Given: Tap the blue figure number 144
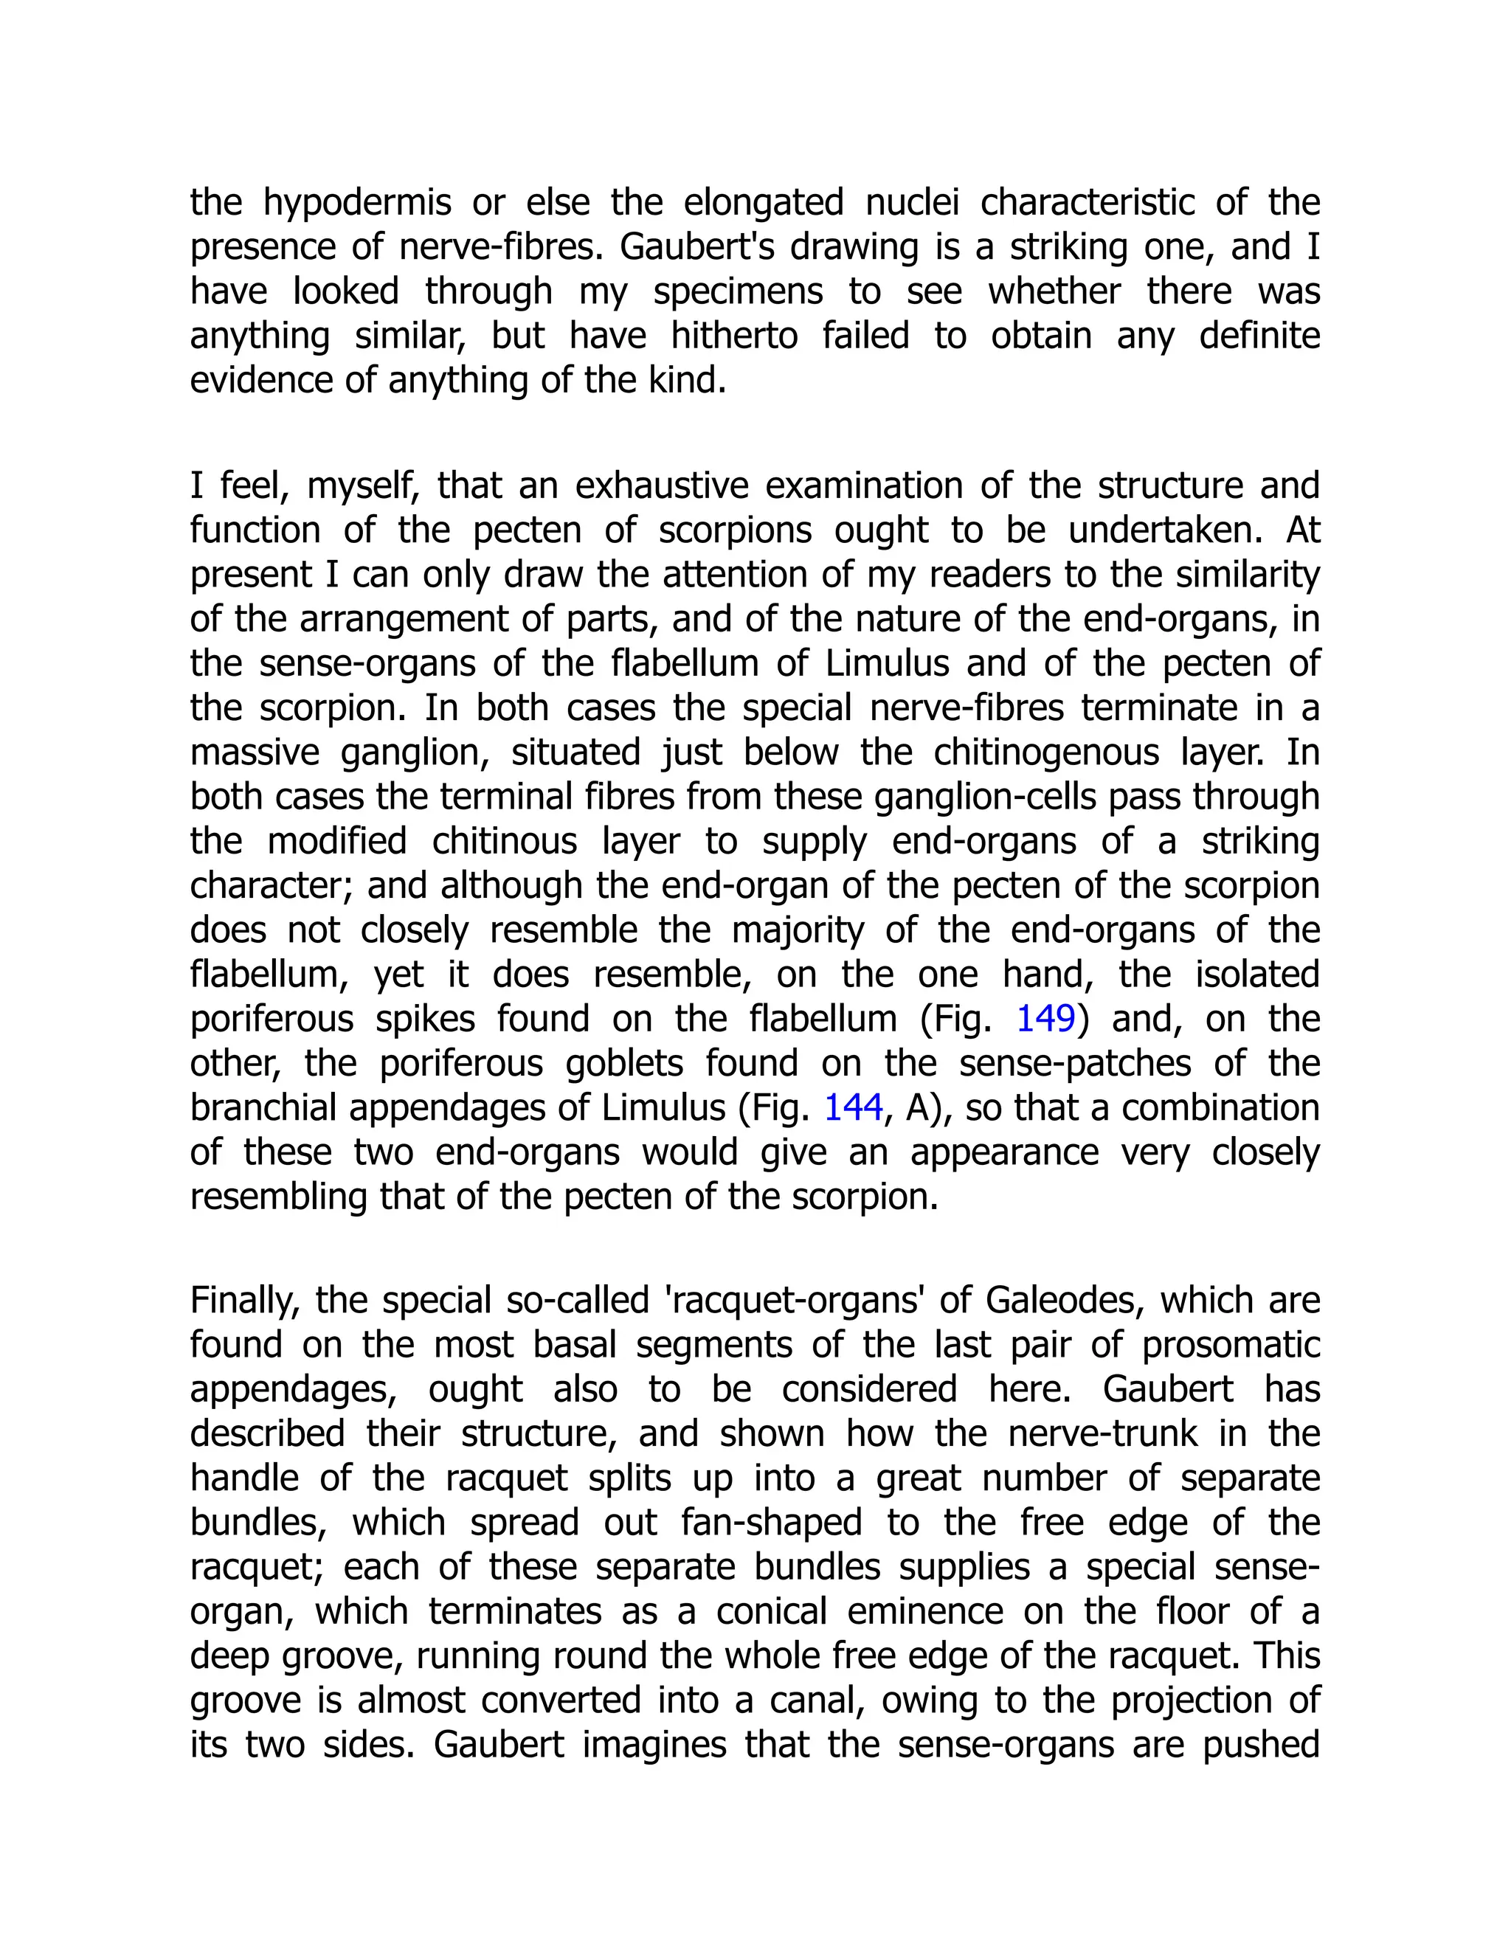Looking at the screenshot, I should pos(853,1108).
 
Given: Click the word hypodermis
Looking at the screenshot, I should pos(357,203).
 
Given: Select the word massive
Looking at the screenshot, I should pos(255,752).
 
